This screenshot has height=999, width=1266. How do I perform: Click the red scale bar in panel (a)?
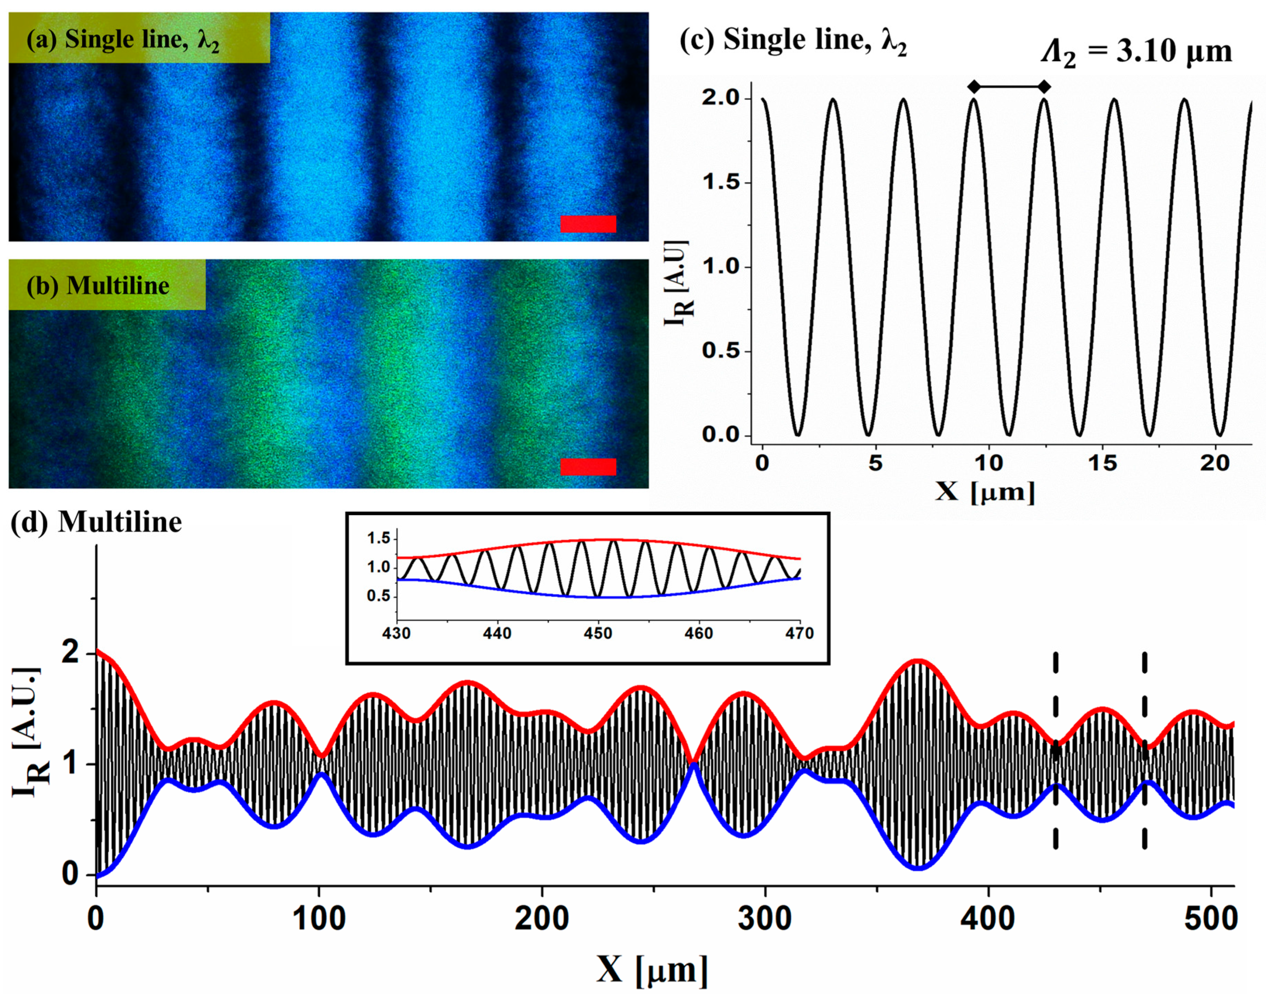588,224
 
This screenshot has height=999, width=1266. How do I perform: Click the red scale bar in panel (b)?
588,466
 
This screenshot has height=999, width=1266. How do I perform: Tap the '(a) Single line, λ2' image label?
123,40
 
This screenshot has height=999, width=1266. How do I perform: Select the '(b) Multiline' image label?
98,285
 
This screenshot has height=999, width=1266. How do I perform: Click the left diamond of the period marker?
974,87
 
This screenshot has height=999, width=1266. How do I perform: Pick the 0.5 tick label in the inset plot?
378,596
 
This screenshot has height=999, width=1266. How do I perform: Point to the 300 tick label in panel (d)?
765,920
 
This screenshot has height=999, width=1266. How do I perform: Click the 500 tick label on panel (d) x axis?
1210,920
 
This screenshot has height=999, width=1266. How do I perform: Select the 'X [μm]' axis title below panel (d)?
652,970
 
